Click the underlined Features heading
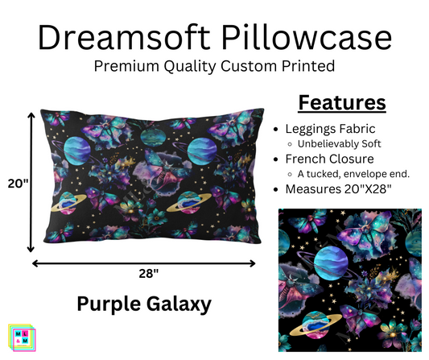click(342, 102)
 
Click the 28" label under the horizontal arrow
click(144, 273)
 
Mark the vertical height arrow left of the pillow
click(31, 183)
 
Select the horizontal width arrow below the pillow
click(144, 262)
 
